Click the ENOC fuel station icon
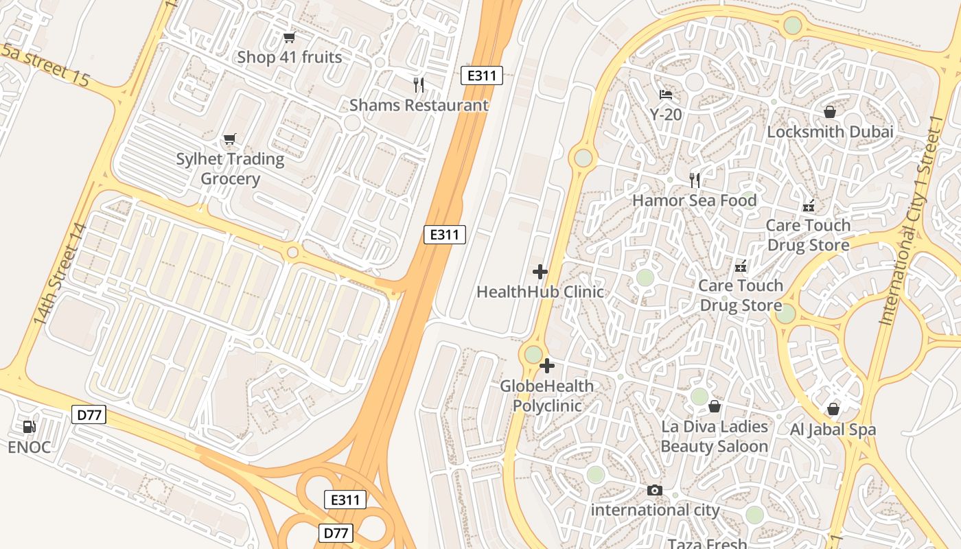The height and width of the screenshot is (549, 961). (29, 427)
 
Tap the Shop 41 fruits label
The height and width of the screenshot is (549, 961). (289, 57)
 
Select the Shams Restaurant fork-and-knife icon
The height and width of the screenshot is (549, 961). (419, 85)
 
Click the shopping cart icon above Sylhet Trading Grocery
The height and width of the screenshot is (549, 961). (230, 139)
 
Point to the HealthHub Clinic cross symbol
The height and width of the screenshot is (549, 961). (540, 272)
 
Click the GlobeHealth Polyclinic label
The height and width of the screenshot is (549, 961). (546, 396)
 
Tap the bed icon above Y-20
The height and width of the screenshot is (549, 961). (666, 94)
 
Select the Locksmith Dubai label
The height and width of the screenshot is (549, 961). (830, 132)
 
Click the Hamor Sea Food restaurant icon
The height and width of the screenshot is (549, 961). (695, 180)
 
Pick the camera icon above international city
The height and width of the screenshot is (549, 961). (655, 490)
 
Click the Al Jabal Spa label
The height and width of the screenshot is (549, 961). (833, 430)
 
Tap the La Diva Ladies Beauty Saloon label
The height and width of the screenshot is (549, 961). (714, 436)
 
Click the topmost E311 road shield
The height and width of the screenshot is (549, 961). (482, 75)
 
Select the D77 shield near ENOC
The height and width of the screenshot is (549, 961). (89, 414)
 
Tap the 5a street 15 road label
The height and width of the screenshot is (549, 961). (45, 65)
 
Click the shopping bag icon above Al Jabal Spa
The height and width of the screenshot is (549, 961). (833, 410)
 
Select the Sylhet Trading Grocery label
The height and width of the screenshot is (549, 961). (230, 169)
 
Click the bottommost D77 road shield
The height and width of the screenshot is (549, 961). (336, 533)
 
